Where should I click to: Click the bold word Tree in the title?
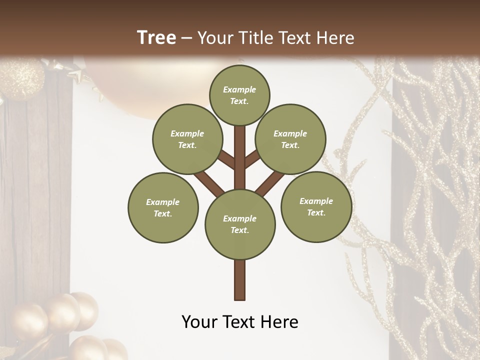(x=156, y=37)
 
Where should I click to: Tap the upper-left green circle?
(x=187, y=139)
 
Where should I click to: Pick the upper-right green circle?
(x=290, y=139)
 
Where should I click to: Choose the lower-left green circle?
(x=163, y=207)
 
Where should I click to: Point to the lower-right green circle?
(x=316, y=206)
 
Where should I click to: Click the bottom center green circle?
(x=240, y=224)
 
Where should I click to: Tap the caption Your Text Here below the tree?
(x=239, y=322)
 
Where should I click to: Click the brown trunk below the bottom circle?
(x=240, y=280)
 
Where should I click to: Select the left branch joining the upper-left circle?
(x=226, y=160)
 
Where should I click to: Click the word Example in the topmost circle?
(x=239, y=89)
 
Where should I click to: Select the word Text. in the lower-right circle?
(x=316, y=212)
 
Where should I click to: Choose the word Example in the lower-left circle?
(x=163, y=202)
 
